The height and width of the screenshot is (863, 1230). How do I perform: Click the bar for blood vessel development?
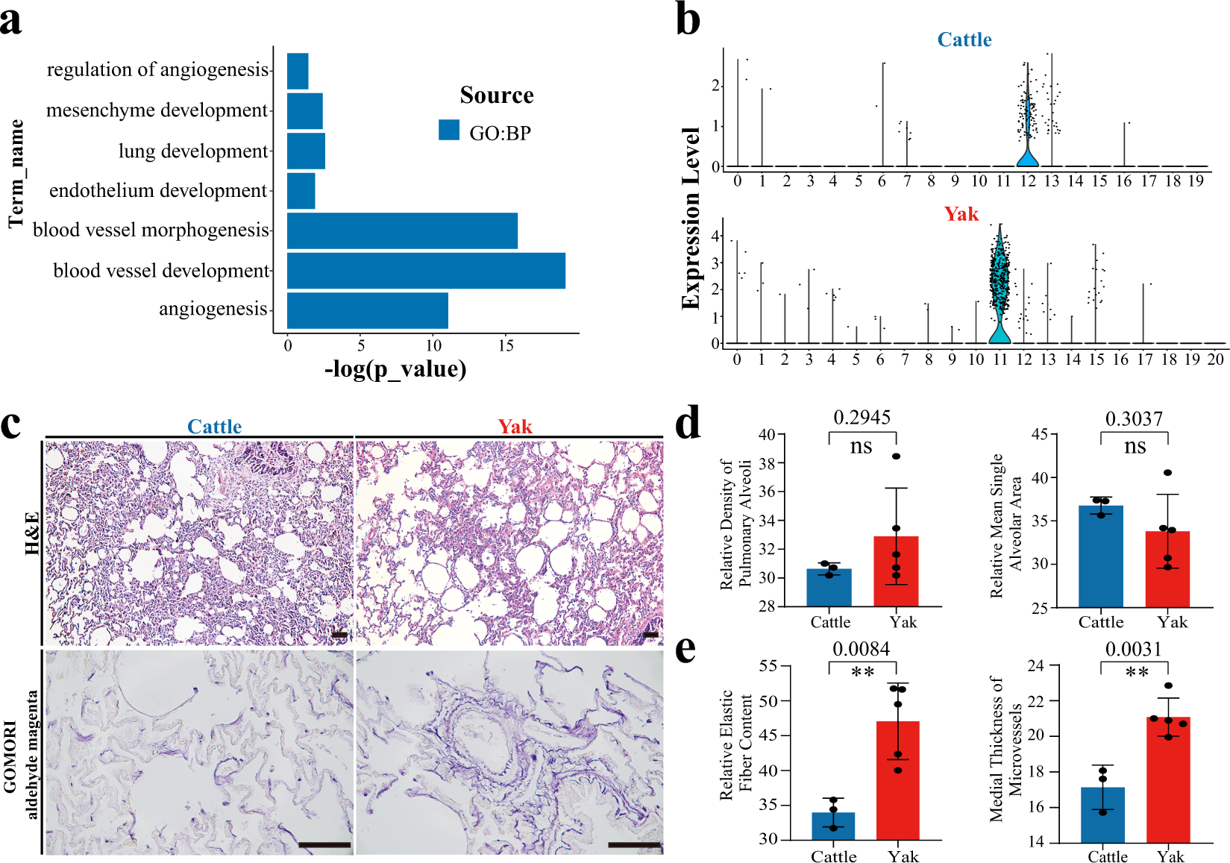pyautogui.click(x=425, y=271)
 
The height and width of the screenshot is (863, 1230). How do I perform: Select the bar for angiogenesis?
pyautogui.click(x=367, y=310)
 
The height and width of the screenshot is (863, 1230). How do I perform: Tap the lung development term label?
pyautogui.click(x=192, y=151)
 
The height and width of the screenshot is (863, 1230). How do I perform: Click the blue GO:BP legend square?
pyautogui.click(x=449, y=131)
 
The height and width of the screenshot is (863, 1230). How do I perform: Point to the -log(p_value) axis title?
pyautogui.click(x=395, y=369)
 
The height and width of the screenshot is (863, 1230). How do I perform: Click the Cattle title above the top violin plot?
pyautogui.click(x=964, y=40)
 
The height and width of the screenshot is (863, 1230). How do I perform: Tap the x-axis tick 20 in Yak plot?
pyautogui.click(x=1216, y=360)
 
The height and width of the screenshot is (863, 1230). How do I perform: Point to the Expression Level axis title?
pyautogui.click(x=691, y=218)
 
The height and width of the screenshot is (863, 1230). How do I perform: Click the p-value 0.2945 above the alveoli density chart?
pyautogui.click(x=862, y=418)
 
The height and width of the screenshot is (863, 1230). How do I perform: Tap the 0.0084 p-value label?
pyautogui.click(x=862, y=649)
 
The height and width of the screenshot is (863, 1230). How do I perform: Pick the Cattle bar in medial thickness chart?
pyautogui.click(x=1102, y=815)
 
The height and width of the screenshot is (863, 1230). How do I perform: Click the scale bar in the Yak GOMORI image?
pyautogui.click(x=634, y=845)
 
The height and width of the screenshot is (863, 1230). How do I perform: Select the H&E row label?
pyautogui.click(x=32, y=533)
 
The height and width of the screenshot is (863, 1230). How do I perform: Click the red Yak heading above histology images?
pyautogui.click(x=515, y=427)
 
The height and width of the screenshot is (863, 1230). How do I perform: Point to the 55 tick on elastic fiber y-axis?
pyautogui.click(x=768, y=666)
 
